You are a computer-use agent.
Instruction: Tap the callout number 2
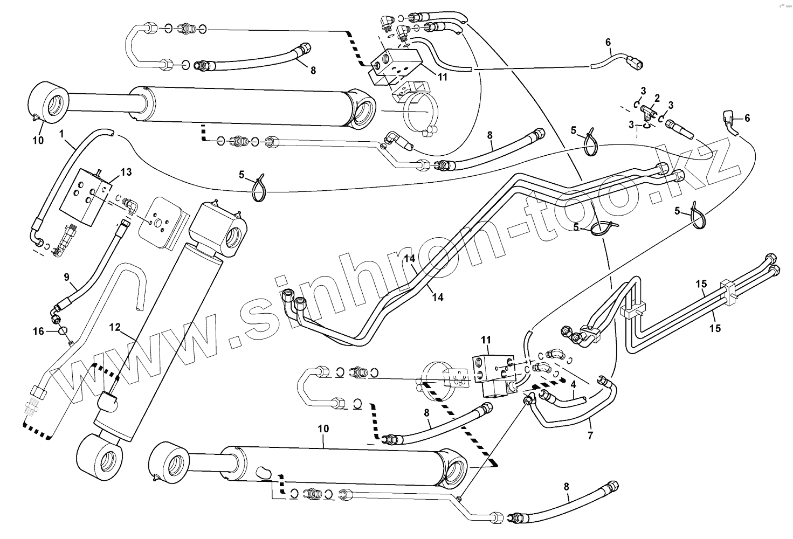pyautogui.click(x=657, y=98)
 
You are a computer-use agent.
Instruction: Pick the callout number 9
pyautogui.click(x=67, y=278)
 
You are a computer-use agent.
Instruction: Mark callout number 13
pyautogui.click(x=126, y=172)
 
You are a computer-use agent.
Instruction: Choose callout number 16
pyautogui.click(x=38, y=331)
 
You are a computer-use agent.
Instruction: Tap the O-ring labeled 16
pyautogui.click(x=63, y=331)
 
